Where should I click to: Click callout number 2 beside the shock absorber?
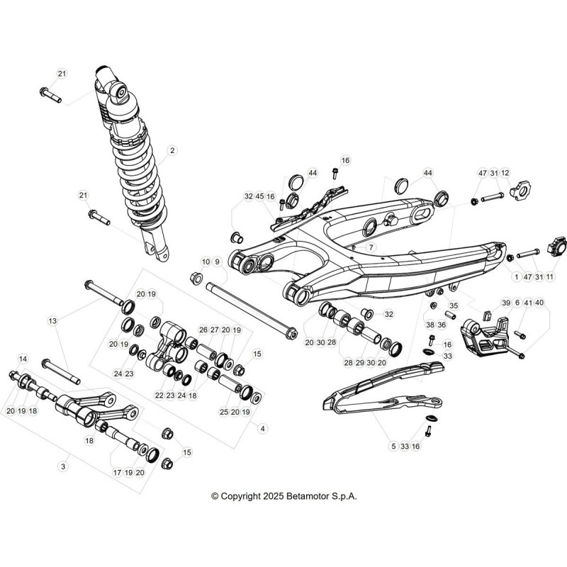coord(172,150)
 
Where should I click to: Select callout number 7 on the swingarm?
coord(371,247)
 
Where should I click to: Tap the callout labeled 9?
coord(217,262)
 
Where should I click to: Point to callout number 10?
coord(206,262)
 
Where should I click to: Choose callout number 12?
coord(505,173)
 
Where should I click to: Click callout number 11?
coord(550,277)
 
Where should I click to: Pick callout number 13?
coord(52,321)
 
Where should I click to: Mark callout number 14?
coord(23,359)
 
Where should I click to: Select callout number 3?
coord(63,466)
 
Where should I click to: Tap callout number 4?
coord(262,429)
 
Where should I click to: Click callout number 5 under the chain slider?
coord(394,447)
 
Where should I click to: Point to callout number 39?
coord(505,303)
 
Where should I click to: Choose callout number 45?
coord(259,196)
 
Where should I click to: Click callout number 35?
coord(454,305)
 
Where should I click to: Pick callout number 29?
coord(359,363)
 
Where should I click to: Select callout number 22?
coord(159,395)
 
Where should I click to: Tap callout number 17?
coord(118,473)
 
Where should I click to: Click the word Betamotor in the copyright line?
coord(309,496)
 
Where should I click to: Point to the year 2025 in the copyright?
coord(273,496)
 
